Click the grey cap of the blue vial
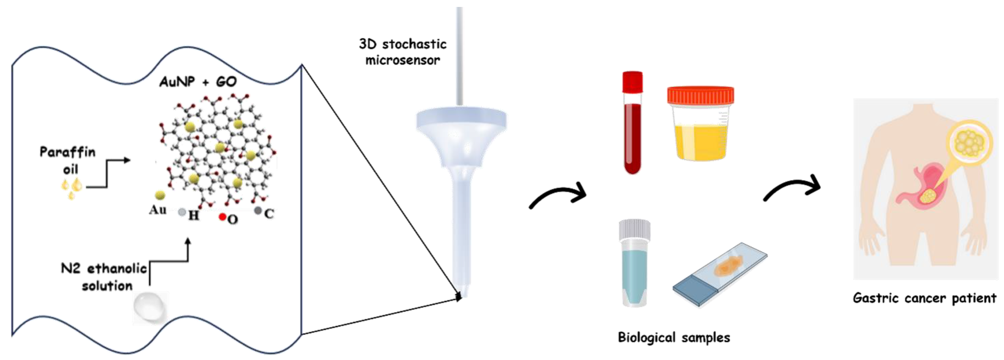coord(635,230)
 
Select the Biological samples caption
coord(674,337)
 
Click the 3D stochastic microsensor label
coord(403,52)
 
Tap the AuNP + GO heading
coord(198,82)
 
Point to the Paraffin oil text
coord(68,160)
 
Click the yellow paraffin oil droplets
coord(72,187)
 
